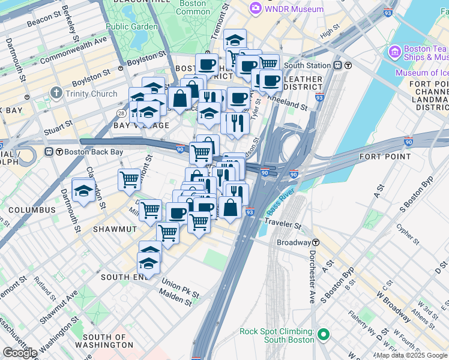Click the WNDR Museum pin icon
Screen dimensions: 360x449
point(256,9)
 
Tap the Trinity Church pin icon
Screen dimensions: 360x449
point(56,93)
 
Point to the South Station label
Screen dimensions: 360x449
point(307,65)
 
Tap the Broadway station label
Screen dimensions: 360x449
point(293,242)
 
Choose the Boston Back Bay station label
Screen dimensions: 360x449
point(89,152)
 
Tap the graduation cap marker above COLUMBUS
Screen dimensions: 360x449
point(83,191)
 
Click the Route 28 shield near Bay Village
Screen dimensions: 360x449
point(122,113)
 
